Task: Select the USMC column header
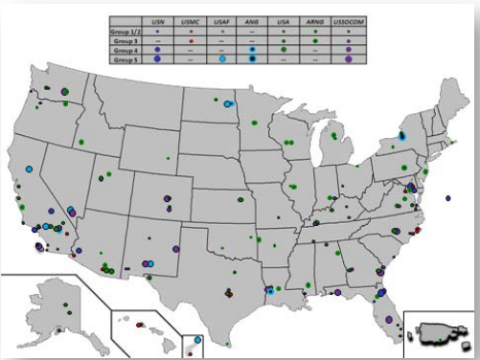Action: (191, 19)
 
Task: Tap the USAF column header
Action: (221, 19)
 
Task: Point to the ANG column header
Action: (252, 19)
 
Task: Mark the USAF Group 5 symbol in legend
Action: (221, 59)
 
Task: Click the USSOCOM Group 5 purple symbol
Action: (349, 59)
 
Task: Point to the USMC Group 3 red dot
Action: (191, 40)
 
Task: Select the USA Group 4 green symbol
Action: (284, 50)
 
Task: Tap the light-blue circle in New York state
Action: (403, 137)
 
